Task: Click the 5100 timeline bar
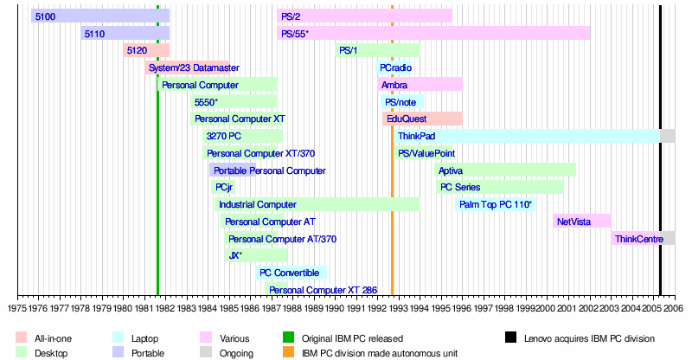click(100, 16)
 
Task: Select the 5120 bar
click(146, 50)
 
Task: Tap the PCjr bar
click(223, 187)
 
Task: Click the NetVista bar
click(582, 222)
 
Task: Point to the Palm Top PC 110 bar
click(495, 204)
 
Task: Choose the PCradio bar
click(394, 67)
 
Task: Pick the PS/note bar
click(402, 102)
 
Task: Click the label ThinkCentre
click(639, 239)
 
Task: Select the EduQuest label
click(407, 119)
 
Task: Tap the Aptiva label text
click(451, 171)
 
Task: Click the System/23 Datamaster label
click(194, 67)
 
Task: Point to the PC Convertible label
click(289, 273)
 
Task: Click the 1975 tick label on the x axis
click(17, 308)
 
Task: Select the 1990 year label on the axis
click(335, 308)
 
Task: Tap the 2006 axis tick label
click(675, 308)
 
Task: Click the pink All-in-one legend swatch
click(21, 337)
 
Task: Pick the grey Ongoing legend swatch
click(206, 352)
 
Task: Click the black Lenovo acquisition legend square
click(510, 337)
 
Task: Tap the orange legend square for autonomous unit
click(288, 352)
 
